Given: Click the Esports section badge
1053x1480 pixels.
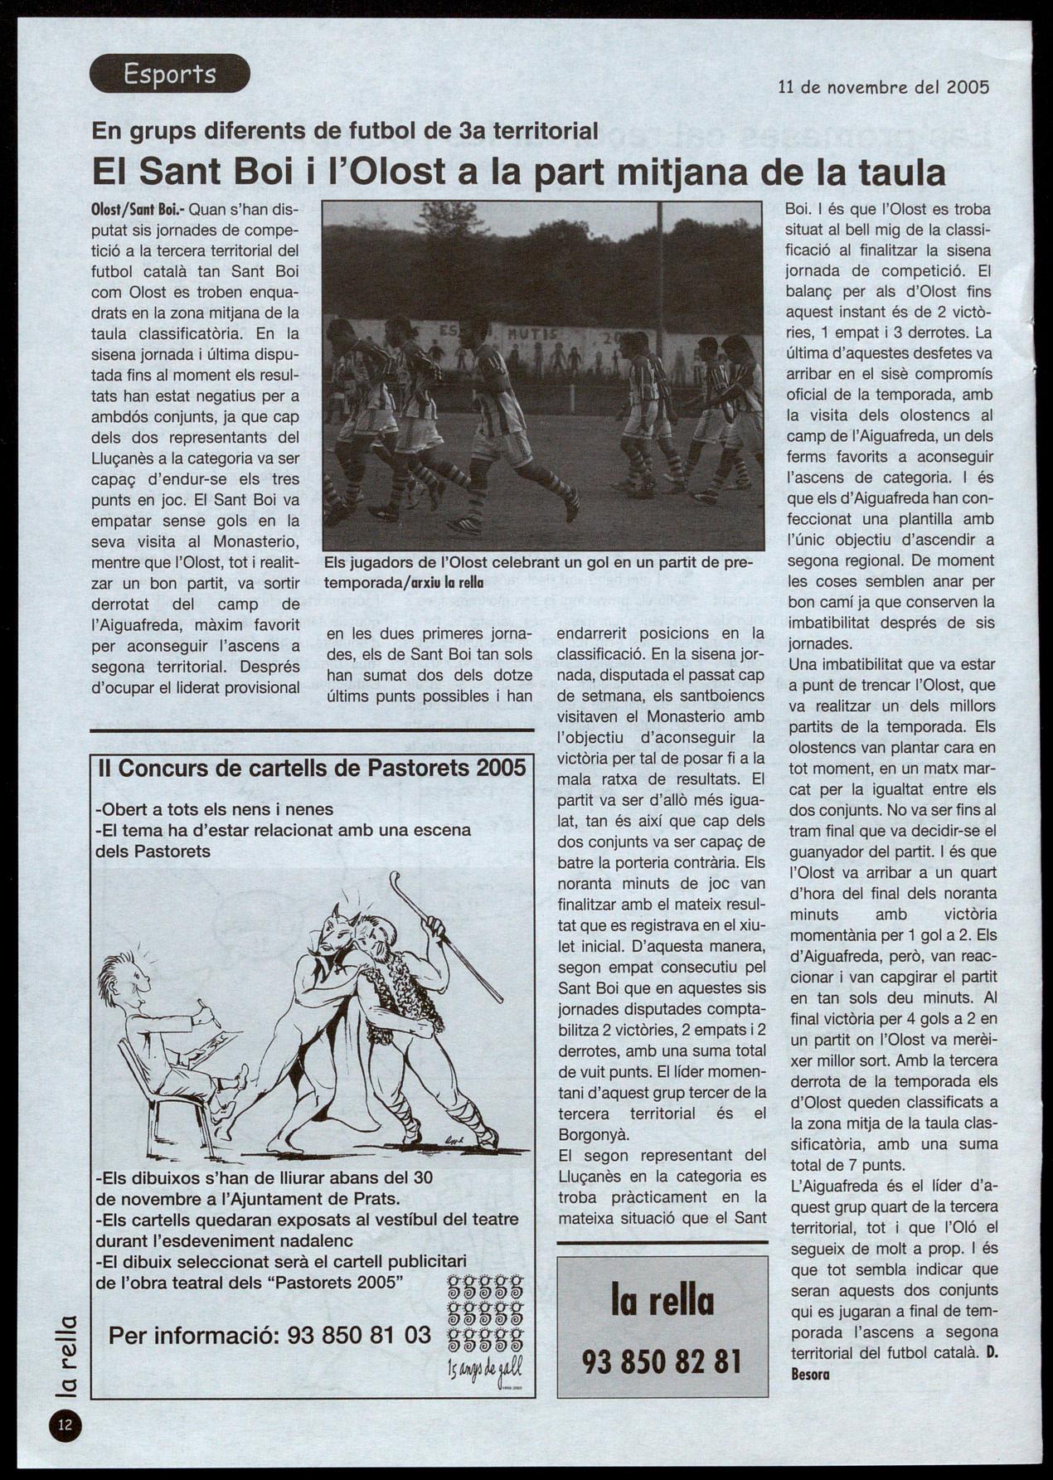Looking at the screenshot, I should [x=169, y=74].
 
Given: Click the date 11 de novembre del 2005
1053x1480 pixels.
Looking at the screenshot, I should [x=884, y=86].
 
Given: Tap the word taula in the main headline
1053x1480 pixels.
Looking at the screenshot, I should [x=901, y=172].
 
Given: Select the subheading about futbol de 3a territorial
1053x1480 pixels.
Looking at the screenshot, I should [x=344, y=130].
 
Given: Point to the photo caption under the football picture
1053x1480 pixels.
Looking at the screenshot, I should [x=538, y=571].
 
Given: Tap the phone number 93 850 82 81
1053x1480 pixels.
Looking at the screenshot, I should [x=662, y=1361].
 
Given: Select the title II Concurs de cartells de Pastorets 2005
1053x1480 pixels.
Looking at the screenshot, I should [x=312, y=767].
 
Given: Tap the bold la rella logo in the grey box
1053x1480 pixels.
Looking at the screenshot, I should [x=662, y=1301].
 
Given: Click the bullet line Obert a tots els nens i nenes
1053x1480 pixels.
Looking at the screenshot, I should [x=216, y=808].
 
